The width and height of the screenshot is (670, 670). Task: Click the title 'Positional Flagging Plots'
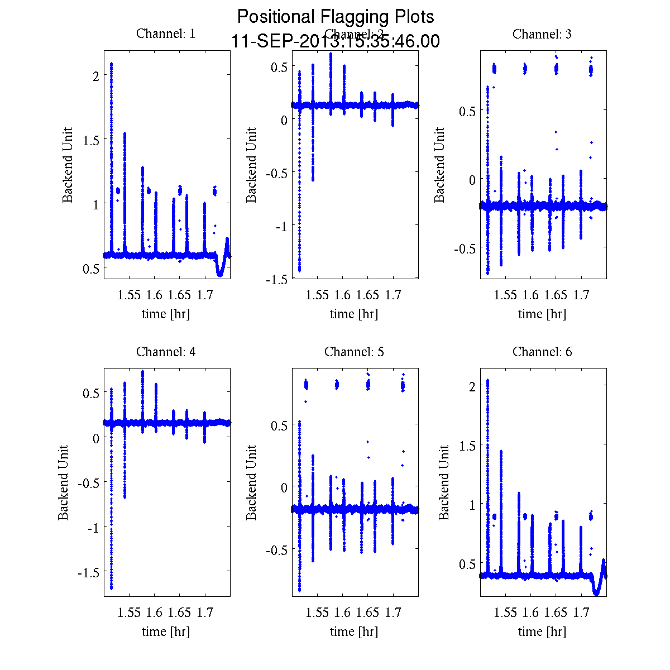point(336,17)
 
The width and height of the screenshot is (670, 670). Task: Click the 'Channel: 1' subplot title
point(166,34)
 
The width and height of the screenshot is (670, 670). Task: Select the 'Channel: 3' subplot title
point(542,34)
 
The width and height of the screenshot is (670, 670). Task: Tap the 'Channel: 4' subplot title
point(166,352)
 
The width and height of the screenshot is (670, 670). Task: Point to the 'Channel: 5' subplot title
point(354,352)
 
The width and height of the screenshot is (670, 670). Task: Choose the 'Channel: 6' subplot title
point(542,352)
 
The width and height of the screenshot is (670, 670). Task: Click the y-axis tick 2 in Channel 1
point(95,75)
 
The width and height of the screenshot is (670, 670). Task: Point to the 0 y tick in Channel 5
point(284,487)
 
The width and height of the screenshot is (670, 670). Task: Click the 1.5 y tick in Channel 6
point(466,445)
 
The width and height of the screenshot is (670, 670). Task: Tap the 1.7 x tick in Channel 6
point(581,613)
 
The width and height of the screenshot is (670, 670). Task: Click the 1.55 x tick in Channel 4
point(129,613)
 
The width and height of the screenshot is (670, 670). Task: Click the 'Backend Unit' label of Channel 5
point(252,482)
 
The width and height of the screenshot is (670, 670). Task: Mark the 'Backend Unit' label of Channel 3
point(440,165)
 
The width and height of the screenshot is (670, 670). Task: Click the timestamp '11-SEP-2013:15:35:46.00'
point(336,41)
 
